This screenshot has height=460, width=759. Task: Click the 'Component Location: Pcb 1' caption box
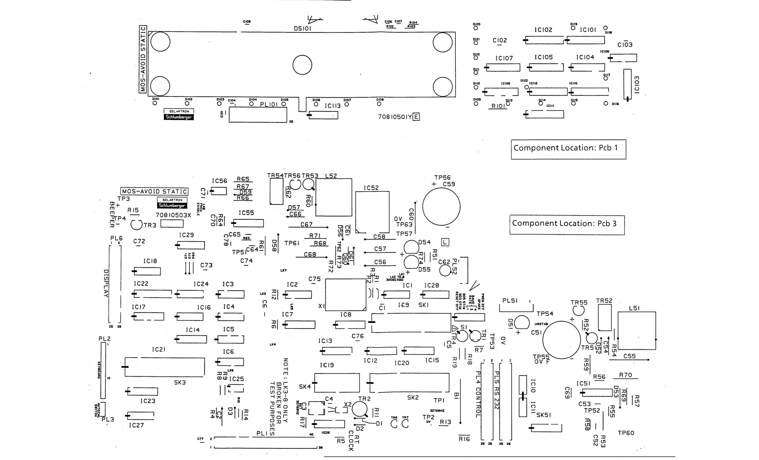pos(568,149)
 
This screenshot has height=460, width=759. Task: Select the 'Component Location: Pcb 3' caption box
pos(567,225)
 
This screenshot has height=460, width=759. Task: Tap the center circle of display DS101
pos(302,65)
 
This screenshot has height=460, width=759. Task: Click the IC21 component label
pos(159,349)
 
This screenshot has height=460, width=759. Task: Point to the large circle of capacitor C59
pos(441,206)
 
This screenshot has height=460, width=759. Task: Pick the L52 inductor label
pos(331,176)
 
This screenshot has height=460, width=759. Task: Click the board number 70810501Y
pos(395,117)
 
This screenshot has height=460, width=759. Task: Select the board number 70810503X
pos(173,215)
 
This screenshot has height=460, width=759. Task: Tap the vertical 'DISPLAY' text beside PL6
pos(106,283)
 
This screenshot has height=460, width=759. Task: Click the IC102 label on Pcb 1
pos(543,30)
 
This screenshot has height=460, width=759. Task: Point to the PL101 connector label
pos(269,104)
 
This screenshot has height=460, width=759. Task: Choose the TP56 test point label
pos(442,177)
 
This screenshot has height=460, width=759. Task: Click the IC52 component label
pos(371,188)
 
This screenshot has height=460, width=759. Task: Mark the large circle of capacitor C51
pos(561,340)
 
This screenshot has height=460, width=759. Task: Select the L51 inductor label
pos(634,308)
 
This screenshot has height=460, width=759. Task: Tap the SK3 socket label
pos(180,382)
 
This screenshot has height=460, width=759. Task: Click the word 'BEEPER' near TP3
pos(112,215)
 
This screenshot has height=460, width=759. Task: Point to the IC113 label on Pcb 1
pos(333,106)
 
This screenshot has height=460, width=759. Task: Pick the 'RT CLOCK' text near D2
pos(354,441)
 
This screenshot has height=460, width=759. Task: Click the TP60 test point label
pos(626,433)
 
